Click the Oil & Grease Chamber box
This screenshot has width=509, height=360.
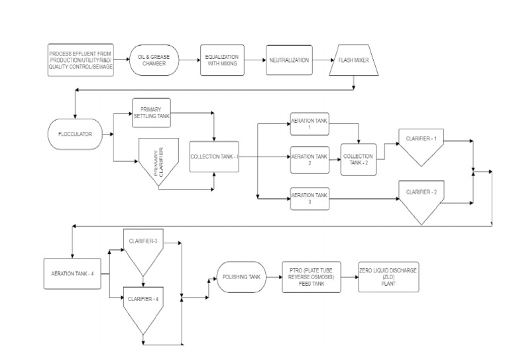click(x=154, y=60)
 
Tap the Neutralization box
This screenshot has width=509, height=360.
click(x=288, y=60)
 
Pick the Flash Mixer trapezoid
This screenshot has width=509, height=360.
click(x=357, y=60)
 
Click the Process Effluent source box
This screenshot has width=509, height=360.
click(x=80, y=60)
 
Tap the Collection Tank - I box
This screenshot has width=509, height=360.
click(x=214, y=156)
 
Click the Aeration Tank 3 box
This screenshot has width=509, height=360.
click(x=310, y=198)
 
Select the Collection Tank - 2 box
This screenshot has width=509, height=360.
click(x=358, y=159)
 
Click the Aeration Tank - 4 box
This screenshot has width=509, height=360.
click(x=73, y=273)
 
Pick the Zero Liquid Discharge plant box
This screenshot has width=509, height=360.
click(x=389, y=276)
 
